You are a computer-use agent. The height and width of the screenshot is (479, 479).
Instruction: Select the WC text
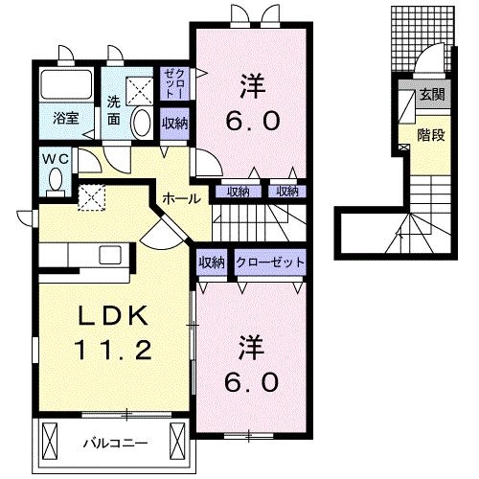[53, 158]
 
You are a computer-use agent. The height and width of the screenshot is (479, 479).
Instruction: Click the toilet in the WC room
[56, 180]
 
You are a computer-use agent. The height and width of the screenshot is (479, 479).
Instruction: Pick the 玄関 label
[431, 95]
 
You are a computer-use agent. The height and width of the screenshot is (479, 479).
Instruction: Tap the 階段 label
[431, 135]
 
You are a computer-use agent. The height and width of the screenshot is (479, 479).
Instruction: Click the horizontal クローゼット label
[271, 262]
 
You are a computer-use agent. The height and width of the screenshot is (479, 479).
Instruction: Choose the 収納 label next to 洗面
[174, 123]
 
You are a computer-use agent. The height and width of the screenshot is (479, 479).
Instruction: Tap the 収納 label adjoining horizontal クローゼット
[212, 262]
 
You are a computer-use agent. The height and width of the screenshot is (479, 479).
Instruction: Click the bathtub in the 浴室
[67, 89]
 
